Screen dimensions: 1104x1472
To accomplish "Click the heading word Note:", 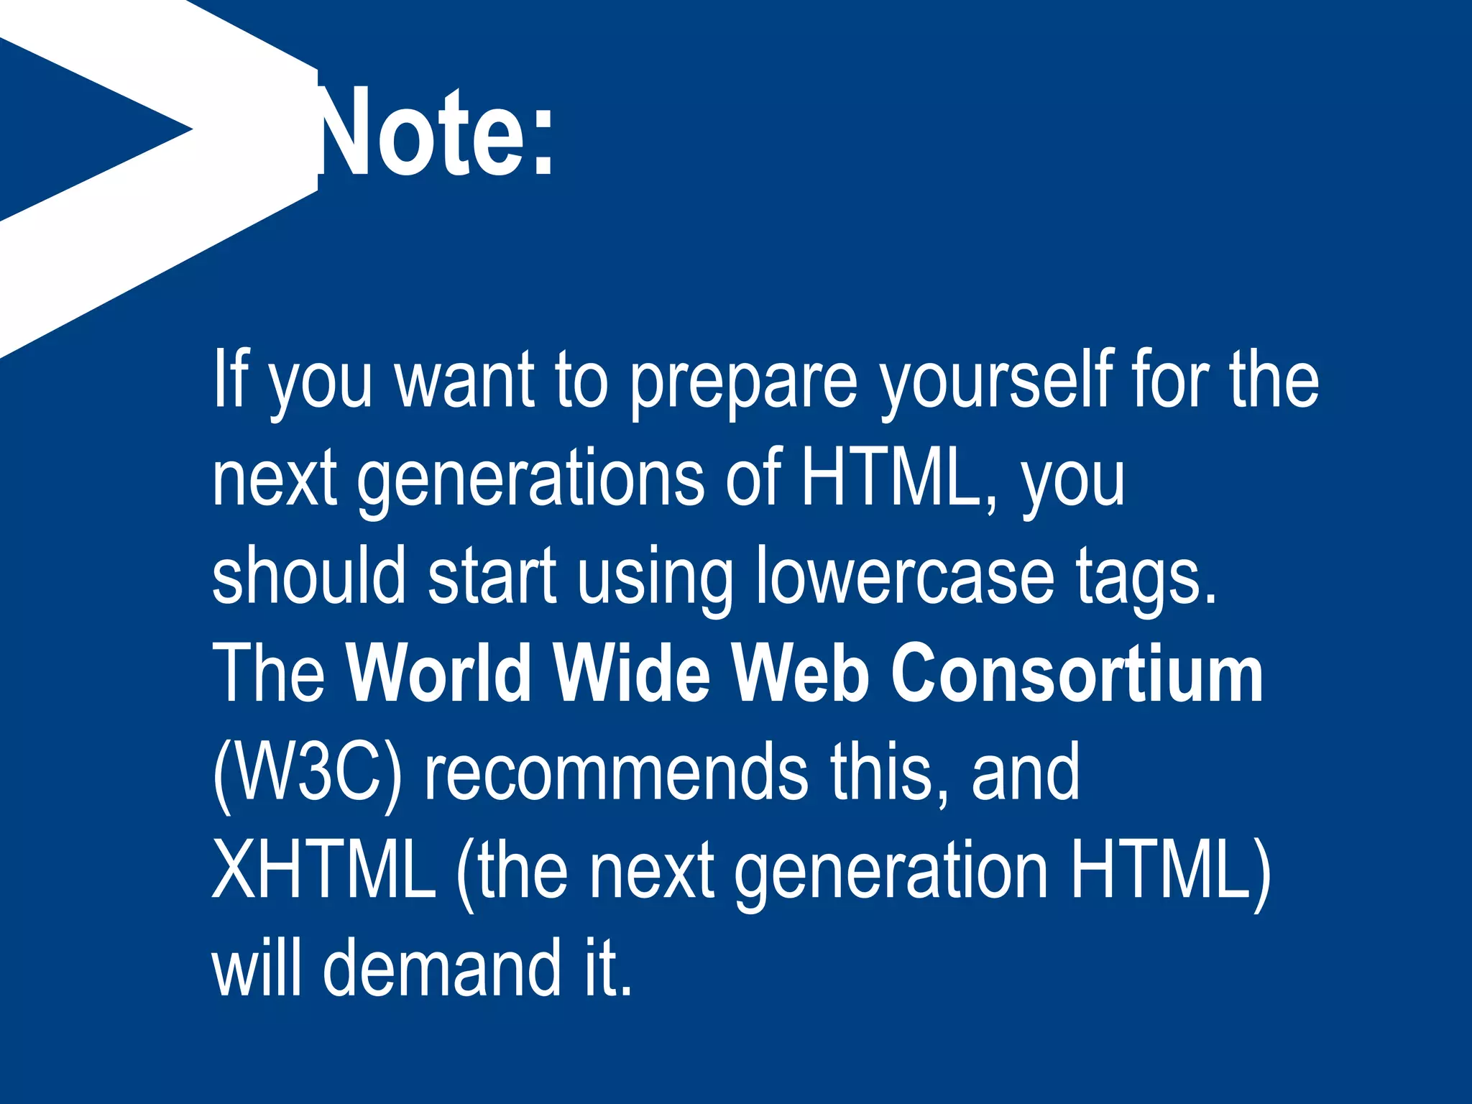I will pyautogui.click(x=431, y=133).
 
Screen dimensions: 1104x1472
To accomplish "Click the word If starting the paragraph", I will pyautogui.click(x=229, y=379).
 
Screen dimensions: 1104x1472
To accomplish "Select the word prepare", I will pyautogui.click(x=743, y=381).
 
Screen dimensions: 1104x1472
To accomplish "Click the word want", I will pyautogui.click(x=464, y=379).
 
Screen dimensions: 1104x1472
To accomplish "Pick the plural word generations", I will pyautogui.click(x=531, y=480).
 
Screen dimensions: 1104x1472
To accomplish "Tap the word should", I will pyautogui.click(x=309, y=575).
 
